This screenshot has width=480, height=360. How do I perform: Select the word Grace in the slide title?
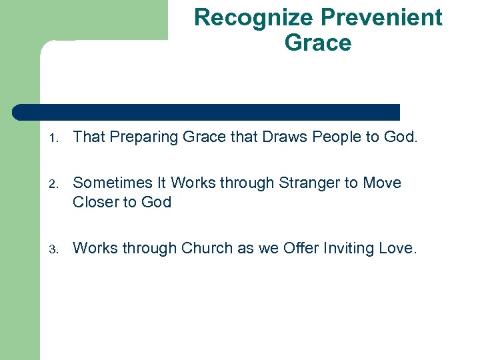click(x=317, y=43)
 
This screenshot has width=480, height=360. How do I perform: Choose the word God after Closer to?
click(x=156, y=202)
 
